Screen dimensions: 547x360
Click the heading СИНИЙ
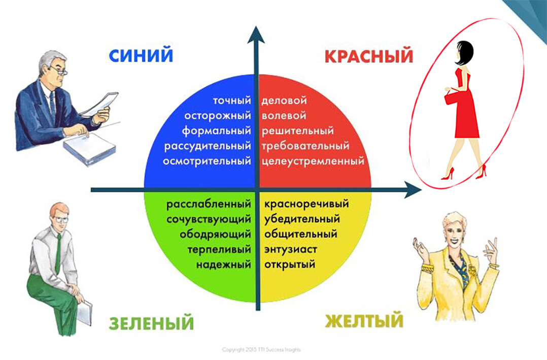[141, 55]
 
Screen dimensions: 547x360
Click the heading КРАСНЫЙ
[369, 56]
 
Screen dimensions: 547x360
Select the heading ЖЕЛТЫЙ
[364, 320]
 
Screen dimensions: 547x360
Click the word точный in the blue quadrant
[232, 101]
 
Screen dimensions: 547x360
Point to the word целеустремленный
[313, 161]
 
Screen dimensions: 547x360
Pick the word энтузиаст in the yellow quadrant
[291, 249]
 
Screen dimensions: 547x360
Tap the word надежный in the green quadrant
[224, 265]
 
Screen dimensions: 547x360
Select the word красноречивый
[306, 204]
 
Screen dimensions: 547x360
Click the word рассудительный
[208, 146]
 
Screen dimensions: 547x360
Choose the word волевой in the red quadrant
[284, 116]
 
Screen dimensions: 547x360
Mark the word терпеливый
[219, 249]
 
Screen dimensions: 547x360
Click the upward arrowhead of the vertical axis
[256, 35]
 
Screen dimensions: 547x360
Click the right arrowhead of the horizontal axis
[413, 190]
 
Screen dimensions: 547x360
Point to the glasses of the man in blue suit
[59, 71]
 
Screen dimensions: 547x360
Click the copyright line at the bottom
[261, 349]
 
